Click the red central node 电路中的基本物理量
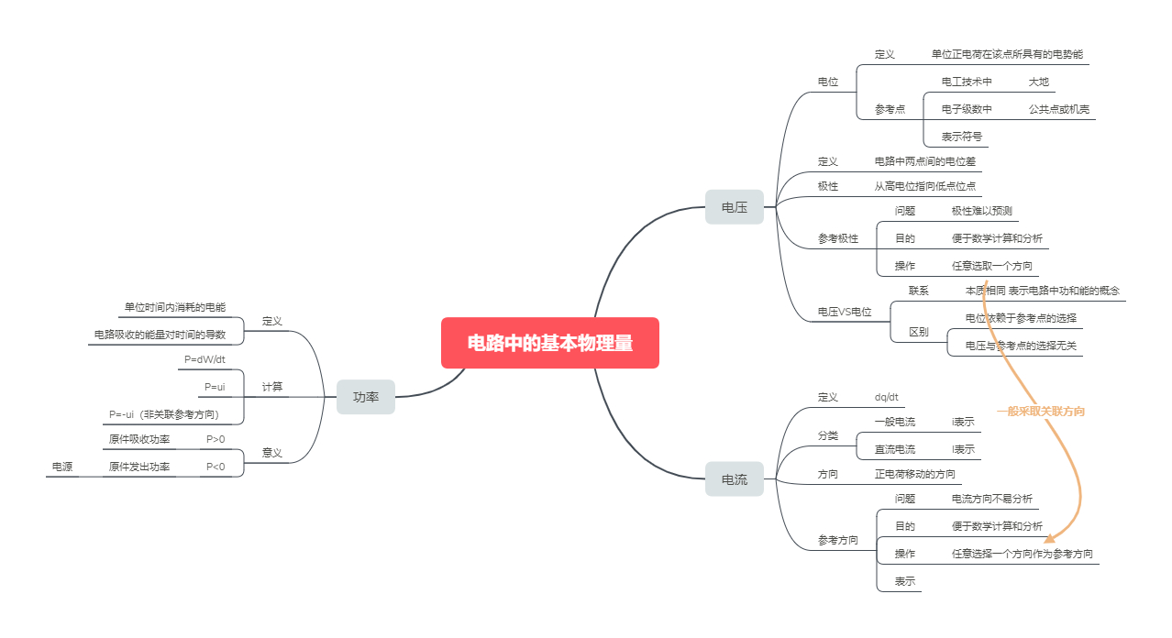(549, 343)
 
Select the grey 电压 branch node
(734, 207)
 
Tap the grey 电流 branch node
(734, 479)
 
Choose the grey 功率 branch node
(365, 397)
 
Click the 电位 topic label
(827, 82)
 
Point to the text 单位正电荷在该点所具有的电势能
(1006, 54)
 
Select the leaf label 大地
(1038, 82)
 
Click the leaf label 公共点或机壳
(1058, 109)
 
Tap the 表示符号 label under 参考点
(961, 137)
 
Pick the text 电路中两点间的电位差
(924, 161)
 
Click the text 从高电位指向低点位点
(924, 186)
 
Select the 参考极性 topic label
(838, 238)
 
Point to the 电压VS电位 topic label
(845, 312)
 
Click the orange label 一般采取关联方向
(1040, 412)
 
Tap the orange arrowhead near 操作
(1049, 540)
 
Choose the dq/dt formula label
(886, 397)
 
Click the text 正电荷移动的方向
(914, 474)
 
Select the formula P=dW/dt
(205, 359)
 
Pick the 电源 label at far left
(62, 467)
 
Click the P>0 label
(216, 439)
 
